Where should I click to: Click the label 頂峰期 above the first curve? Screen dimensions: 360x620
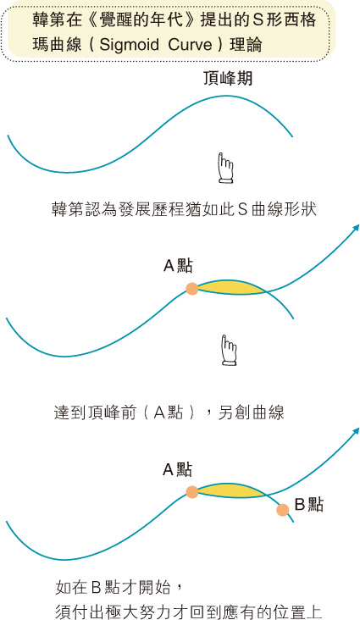pyautogui.click(x=228, y=79)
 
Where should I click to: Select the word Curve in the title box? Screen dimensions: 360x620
pyautogui.click(x=191, y=44)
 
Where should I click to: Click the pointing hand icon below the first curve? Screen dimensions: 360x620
pyautogui.click(x=225, y=168)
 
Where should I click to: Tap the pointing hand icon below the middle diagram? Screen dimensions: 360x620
pyautogui.click(x=229, y=350)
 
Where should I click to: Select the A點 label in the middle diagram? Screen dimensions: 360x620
pyautogui.click(x=178, y=266)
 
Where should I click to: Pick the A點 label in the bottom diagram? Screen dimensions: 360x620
pyautogui.click(x=178, y=470)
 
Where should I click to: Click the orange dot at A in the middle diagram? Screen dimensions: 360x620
pyautogui.click(x=192, y=289)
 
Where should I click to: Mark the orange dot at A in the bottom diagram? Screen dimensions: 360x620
pyautogui.click(x=192, y=492)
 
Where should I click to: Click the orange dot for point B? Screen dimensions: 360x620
pyautogui.click(x=282, y=510)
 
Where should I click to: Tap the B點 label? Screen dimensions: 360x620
pyautogui.click(x=309, y=505)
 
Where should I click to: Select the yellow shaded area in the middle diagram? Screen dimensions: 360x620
pyautogui.click(x=231, y=287)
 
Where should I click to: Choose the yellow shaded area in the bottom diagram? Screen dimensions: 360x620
pyautogui.click(x=231, y=490)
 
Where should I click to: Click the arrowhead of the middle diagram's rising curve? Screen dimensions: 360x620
pyautogui.click(x=356, y=227)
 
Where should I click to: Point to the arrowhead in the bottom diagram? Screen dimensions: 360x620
pyautogui.click(x=356, y=430)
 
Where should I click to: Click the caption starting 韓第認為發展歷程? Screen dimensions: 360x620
pyautogui.click(x=185, y=208)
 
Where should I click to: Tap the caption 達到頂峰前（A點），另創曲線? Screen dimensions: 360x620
pyautogui.click(x=169, y=412)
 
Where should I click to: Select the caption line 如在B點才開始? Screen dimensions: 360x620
pyautogui.click(x=119, y=588)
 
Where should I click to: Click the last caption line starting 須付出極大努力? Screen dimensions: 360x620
pyautogui.click(x=188, y=612)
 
